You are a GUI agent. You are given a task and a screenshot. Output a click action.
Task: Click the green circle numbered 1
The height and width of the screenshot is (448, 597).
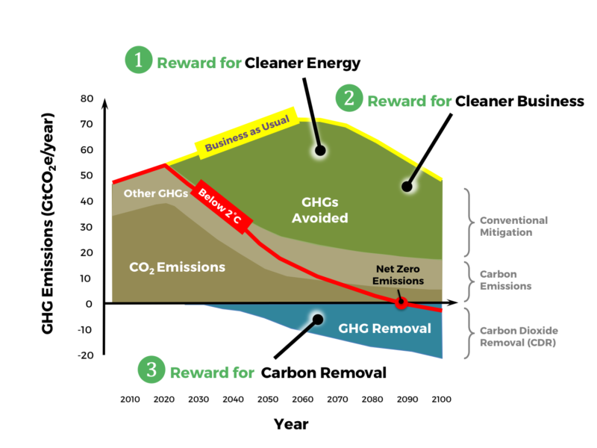coord(139,60)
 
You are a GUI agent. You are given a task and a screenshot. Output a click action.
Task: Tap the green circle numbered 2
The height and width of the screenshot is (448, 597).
coord(349,98)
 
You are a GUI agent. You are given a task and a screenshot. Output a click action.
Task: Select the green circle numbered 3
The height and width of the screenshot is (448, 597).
coord(151,370)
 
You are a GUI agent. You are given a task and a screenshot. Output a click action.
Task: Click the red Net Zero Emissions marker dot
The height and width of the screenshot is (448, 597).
coord(401,303)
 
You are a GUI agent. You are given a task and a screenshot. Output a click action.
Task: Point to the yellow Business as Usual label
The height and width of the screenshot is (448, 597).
coord(247,134)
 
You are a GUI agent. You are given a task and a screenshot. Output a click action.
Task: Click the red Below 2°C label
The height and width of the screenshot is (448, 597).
coord(221,207)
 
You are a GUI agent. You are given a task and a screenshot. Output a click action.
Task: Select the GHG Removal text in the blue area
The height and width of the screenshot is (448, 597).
coord(384,329)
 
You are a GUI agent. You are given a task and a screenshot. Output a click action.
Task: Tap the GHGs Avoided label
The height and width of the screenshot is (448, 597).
coord(320,210)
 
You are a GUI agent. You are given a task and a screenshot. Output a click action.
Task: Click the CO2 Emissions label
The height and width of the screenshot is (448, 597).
coord(177,267)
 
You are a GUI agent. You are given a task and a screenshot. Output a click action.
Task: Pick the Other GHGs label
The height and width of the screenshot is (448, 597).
coord(156,193)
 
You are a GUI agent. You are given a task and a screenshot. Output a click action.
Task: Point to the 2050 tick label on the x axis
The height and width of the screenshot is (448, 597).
coord(268,399)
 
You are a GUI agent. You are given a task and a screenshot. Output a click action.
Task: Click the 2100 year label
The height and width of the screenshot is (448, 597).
coord(442,399)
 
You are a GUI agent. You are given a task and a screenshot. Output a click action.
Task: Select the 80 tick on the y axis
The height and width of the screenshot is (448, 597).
coord(87,99)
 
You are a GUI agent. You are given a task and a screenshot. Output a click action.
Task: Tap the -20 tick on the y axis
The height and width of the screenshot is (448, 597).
coord(86,355)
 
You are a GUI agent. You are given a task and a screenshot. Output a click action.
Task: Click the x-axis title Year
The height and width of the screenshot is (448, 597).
coord(291,424)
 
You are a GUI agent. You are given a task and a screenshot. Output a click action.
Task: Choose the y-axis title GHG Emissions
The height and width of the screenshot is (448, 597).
coord(48,223)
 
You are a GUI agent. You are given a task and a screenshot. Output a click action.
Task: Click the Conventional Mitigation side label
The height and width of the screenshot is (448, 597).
coord(513,226)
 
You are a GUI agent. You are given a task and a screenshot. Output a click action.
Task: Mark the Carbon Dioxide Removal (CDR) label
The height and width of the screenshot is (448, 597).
coord(519,337)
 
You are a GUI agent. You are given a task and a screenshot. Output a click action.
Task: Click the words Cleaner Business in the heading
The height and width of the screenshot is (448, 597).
coord(519,101)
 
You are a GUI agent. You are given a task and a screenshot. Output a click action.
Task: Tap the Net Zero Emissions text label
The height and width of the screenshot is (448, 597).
coord(398,275)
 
